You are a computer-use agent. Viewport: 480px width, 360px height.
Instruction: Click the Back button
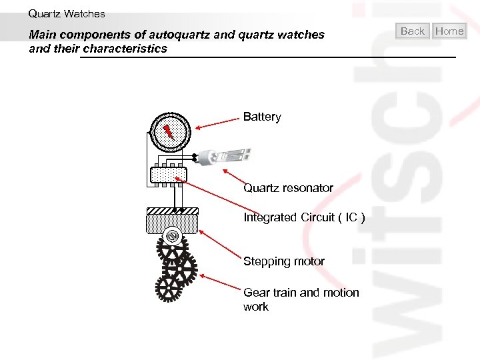pyautogui.click(x=413, y=31)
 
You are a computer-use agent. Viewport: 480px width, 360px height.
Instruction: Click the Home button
pyautogui.click(x=449, y=31)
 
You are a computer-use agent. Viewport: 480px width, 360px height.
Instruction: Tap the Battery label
pyautogui.click(x=262, y=117)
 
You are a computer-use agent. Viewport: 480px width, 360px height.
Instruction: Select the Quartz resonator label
pyautogui.click(x=288, y=188)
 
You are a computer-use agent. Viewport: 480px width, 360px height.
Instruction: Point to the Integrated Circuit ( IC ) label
pyautogui.click(x=304, y=217)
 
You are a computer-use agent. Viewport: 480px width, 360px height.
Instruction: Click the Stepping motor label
pyautogui.click(x=284, y=261)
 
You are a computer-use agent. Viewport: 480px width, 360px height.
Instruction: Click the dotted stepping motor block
pyautogui.click(x=171, y=223)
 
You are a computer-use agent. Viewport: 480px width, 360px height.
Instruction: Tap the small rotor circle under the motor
pyautogui.click(x=172, y=237)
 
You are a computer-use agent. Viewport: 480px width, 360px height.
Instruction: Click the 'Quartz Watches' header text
pyautogui.click(x=67, y=13)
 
